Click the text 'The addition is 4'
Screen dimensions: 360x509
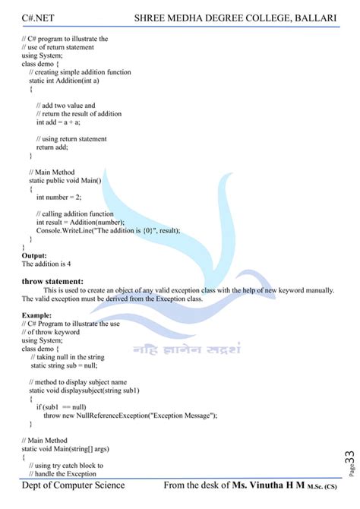46,264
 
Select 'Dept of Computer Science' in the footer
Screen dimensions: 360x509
73,485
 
